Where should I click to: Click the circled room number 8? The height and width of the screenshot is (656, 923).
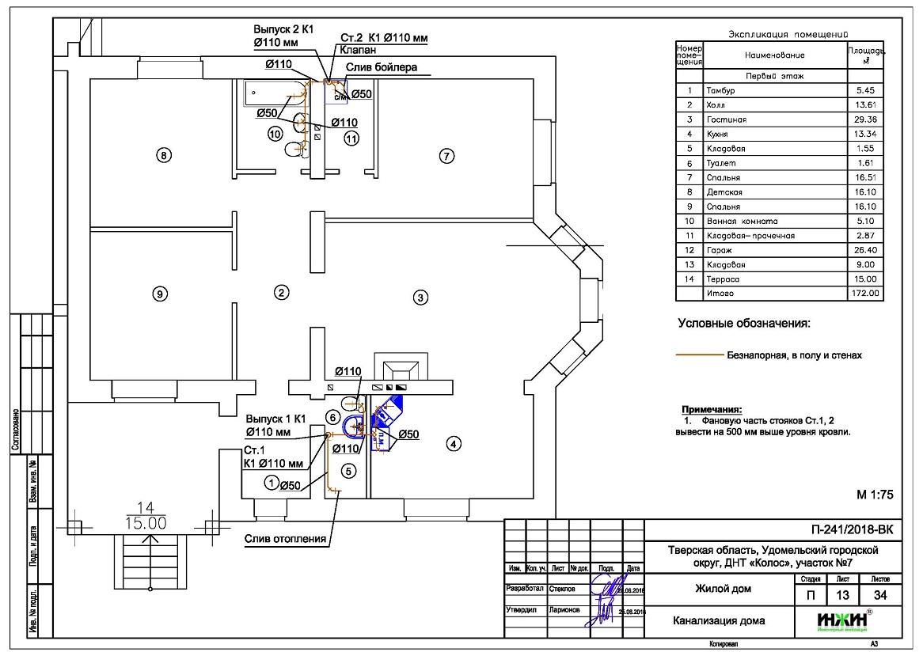pos(164,155)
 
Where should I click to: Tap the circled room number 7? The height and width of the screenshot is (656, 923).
pos(446,156)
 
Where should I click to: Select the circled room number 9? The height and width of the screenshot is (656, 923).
pos(159,294)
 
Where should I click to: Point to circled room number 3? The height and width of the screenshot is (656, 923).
pos(421,298)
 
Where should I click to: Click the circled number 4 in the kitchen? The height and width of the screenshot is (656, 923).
pos(453,444)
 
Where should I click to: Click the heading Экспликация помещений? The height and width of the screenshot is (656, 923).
pos(787,34)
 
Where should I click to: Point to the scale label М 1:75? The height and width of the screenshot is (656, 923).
pos(874,495)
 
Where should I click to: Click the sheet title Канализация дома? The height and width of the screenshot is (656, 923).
pos(719,620)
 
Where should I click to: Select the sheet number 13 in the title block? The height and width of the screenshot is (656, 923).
pos(840,595)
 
